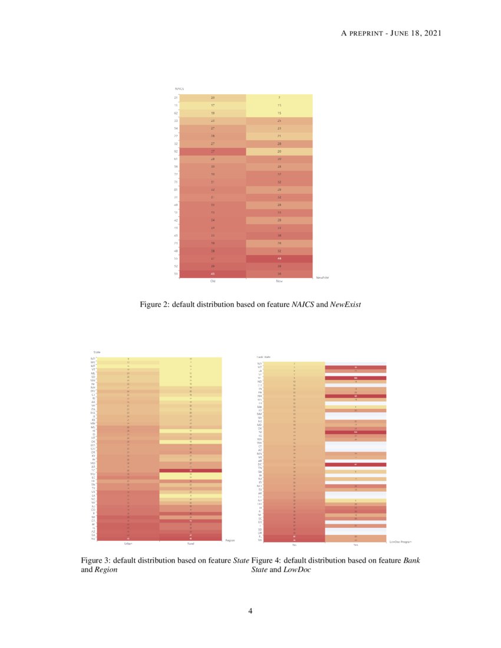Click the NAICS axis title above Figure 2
click(x=179, y=89)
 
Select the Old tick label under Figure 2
click(x=213, y=281)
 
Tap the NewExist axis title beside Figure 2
click(x=322, y=277)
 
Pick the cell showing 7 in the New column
click(x=279, y=97)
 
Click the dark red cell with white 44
click(x=279, y=259)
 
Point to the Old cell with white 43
click(x=213, y=274)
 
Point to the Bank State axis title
click(x=263, y=357)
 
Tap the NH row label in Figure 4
click(x=260, y=396)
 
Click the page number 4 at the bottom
click(x=250, y=611)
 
